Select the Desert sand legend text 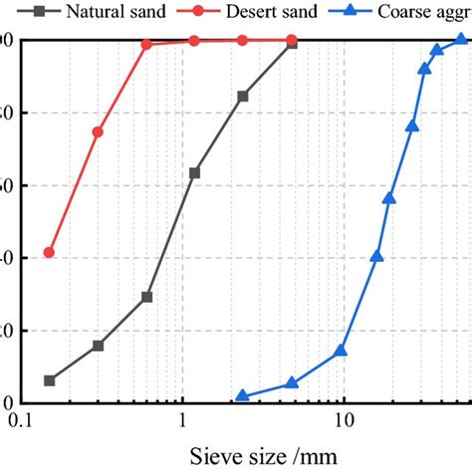click(x=272, y=13)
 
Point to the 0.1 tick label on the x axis click(x=22, y=421)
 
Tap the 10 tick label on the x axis click(x=344, y=421)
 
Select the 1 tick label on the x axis click(x=183, y=421)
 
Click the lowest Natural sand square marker click(x=50, y=380)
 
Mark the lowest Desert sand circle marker click(x=50, y=253)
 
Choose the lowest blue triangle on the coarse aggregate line click(x=242, y=395)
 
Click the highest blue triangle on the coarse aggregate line click(x=461, y=40)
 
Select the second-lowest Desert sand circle click(x=98, y=131)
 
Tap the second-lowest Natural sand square click(x=98, y=346)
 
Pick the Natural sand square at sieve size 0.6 click(x=146, y=297)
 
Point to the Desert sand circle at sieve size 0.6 click(x=146, y=44)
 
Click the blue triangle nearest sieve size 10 click(x=341, y=350)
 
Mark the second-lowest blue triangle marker click(x=291, y=382)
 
